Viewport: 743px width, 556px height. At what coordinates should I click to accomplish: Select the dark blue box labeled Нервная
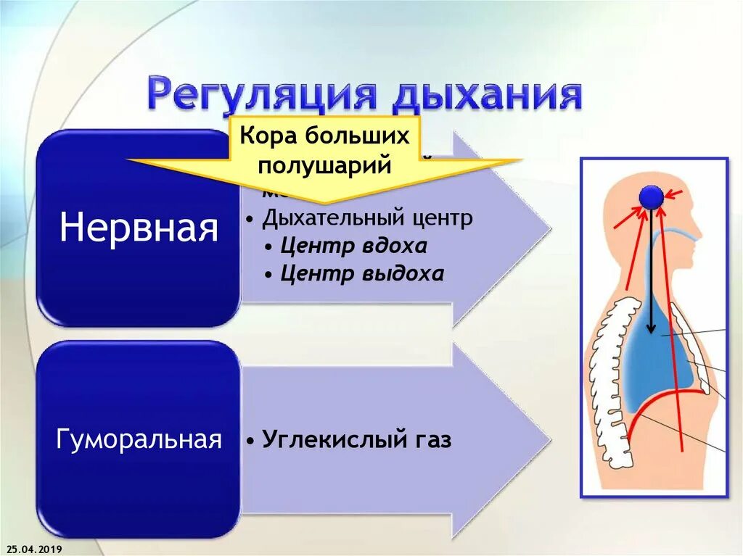[138, 228]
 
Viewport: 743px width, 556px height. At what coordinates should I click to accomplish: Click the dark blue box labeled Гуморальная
[138, 439]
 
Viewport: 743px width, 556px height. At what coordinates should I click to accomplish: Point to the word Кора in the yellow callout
[266, 136]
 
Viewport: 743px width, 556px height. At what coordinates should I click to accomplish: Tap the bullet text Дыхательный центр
[367, 217]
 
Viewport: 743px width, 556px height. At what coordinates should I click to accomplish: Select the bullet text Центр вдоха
[354, 246]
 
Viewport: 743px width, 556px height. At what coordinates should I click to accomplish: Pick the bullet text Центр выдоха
[362, 274]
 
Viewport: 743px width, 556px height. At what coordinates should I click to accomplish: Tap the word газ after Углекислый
[429, 439]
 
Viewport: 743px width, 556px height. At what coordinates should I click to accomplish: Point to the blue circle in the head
[651, 196]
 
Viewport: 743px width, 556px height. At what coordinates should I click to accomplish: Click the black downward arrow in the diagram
[652, 275]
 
